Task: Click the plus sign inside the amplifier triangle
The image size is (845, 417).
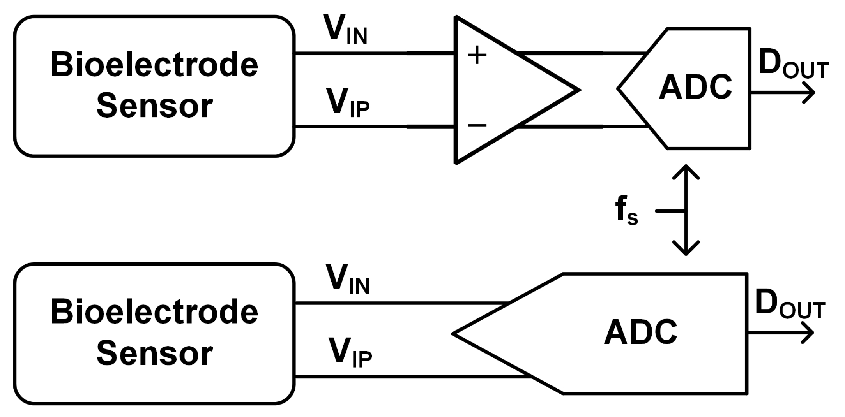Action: click(x=477, y=55)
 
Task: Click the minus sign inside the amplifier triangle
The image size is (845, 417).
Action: click(x=477, y=125)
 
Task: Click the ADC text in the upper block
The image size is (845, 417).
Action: click(x=695, y=88)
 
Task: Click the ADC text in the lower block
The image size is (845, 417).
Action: click(x=640, y=333)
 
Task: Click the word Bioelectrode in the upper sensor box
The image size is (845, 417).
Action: click(x=154, y=65)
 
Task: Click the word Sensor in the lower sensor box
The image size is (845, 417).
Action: click(x=154, y=353)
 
